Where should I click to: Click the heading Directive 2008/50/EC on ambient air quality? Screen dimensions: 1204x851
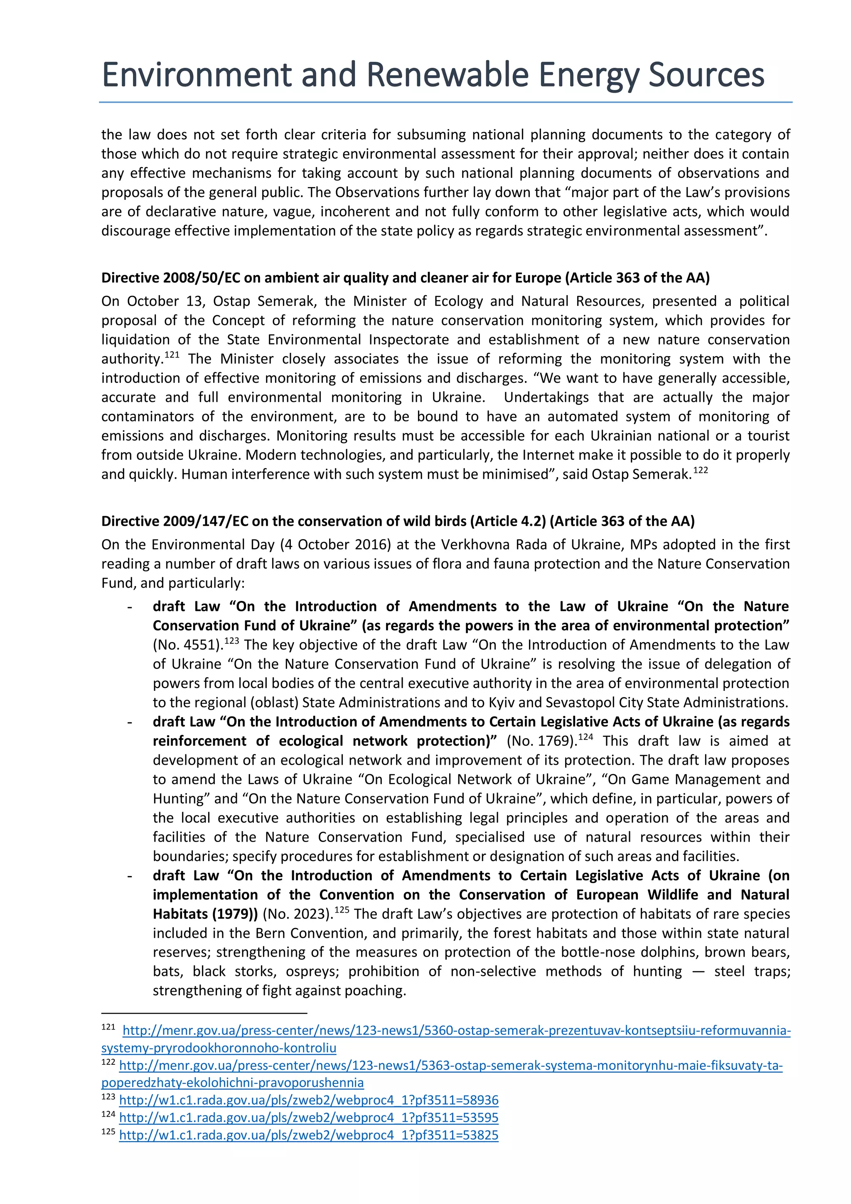click(x=405, y=278)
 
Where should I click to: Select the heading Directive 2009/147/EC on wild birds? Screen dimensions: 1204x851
click(x=397, y=521)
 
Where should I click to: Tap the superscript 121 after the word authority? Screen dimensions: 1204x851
click(x=172, y=355)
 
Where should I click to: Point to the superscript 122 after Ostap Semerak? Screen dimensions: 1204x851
click(x=701, y=470)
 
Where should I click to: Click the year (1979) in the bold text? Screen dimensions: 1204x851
click(x=235, y=914)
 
